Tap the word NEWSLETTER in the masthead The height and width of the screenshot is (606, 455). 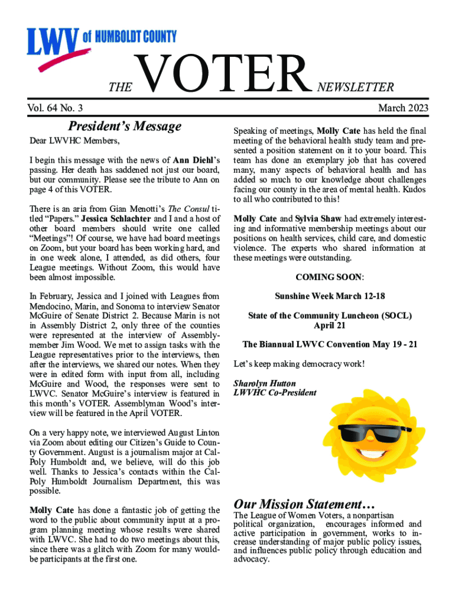(x=356, y=88)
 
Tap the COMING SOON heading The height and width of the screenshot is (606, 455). (x=329, y=277)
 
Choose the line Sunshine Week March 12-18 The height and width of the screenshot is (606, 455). (x=330, y=296)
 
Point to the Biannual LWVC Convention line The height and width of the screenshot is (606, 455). (x=330, y=344)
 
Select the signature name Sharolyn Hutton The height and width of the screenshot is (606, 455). (x=265, y=383)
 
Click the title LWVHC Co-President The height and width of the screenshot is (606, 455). (x=275, y=392)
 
